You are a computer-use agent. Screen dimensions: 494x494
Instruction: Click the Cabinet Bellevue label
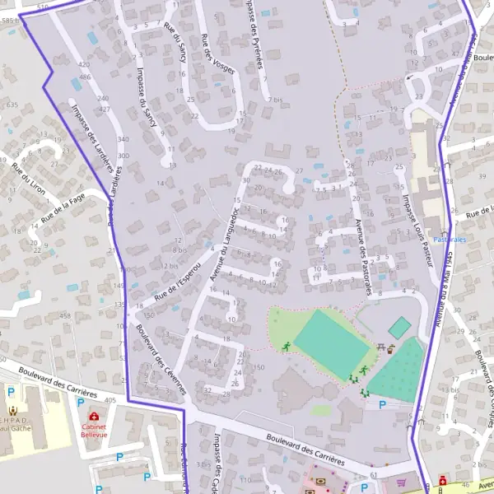[98, 431]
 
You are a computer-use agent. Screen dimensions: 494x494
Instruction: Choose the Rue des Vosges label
[217, 54]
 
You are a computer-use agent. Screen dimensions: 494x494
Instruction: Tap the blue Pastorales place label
[450, 240]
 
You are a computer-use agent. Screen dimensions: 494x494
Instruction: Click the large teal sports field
[329, 346]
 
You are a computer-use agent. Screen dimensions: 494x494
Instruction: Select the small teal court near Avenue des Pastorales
[399, 328]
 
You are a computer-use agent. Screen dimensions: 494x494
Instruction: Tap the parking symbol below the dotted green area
[380, 404]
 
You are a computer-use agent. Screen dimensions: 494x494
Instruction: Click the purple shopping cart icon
[402, 482]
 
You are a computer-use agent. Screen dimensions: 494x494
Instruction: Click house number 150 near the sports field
[259, 366]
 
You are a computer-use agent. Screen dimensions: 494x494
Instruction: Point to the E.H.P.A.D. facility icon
[13, 409]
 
